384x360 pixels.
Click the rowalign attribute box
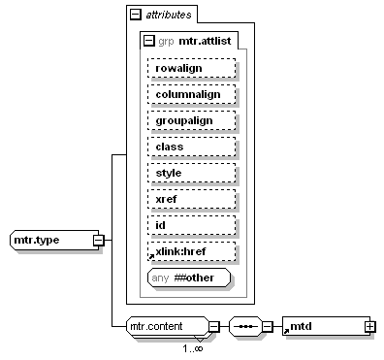[192, 68]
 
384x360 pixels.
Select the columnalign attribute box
[192, 94]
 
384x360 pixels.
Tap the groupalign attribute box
[192, 120]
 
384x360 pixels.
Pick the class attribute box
[192, 147]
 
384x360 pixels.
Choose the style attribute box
[192, 173]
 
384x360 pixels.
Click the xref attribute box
[192, 199]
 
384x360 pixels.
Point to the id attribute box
[192, 225]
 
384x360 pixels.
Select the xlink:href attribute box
[192, 251]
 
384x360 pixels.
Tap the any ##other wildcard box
[189, 278]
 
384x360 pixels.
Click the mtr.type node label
[37, 240]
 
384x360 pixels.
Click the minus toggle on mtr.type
[98, 241]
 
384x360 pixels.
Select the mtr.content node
[168, 327]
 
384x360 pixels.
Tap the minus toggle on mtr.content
[213, 327]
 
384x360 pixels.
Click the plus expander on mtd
[370, 327]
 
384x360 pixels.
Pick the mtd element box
[327, 326]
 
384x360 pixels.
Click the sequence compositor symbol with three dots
[245, 327]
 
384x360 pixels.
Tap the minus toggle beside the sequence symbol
[267, 327]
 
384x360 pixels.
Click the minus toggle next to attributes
[135, 15]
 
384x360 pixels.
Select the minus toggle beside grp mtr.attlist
[148, 41]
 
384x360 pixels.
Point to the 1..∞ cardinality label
[193, 348]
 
